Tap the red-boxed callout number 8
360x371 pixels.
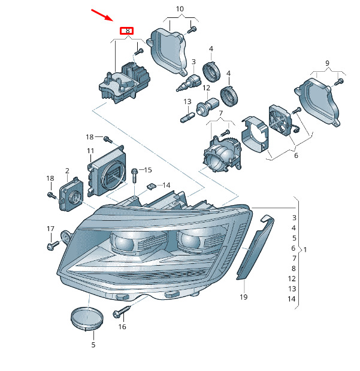[127, 30]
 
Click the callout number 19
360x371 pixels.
[244, 297]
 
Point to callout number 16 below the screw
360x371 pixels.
[122, 327]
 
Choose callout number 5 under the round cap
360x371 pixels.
[93, 345]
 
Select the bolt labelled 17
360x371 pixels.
[52, 245]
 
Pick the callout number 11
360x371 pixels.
[90, 150]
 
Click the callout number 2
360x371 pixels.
[67, 171]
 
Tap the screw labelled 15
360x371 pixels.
[134, 174]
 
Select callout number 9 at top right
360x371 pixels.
[328, 63]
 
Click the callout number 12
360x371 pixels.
[206, 88]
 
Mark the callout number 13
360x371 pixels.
[187, 101]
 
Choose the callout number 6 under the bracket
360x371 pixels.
[295, 155]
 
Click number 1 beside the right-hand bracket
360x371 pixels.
[305, 248]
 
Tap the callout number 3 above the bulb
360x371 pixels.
[193, 62]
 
